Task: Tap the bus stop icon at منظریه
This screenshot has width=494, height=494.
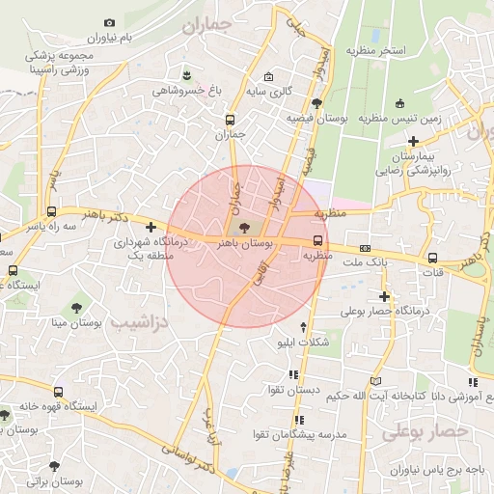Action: tap(317, 241)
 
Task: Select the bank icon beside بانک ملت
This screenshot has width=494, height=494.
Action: tap(364, 248)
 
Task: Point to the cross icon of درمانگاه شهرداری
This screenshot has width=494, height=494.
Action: tap(151, 228)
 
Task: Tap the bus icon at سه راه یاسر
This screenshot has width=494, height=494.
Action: tap(53, 209)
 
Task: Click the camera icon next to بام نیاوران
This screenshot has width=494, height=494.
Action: tap(109, 23)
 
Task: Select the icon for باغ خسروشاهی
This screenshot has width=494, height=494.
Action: tap(186, 75)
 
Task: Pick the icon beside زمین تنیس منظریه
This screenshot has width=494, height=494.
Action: tap(399, 104)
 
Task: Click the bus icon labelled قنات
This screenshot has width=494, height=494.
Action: tap(433, 258)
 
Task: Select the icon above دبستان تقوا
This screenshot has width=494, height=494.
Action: tap(293, 374)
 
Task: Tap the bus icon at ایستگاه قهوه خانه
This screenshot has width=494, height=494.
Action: tap(59, 393)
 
